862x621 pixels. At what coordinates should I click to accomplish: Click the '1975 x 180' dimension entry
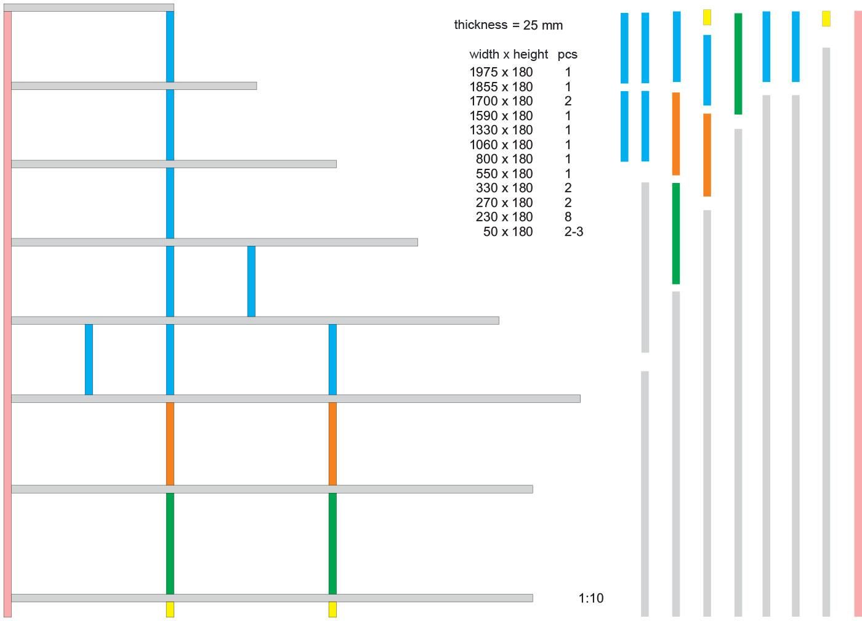click(501, 72)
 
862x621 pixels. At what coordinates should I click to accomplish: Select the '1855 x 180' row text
click(501, 87)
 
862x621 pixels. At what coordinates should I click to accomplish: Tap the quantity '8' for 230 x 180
click(568, 217)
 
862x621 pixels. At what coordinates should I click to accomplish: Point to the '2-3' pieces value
click(573, 232)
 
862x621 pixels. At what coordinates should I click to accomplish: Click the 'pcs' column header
click(567, 54)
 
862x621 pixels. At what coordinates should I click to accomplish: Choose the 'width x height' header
click(509, 54)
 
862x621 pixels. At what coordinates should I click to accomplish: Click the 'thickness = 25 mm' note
click(509, 25)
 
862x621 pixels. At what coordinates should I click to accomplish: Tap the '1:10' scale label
click(591, 598)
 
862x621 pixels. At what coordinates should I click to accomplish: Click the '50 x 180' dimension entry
click(508, 232)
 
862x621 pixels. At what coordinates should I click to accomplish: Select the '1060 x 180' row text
click(501, 145)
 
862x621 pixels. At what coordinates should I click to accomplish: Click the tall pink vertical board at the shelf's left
click(7, 314)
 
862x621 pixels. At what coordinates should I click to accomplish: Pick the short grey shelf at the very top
click(89, 8)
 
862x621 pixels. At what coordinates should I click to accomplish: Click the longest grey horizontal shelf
click(296, 399)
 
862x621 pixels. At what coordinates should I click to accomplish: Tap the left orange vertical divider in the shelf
click(170, 444)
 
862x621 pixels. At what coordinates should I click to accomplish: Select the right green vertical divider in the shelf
click(332, 543)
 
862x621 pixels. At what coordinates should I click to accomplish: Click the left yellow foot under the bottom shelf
click(170, 609)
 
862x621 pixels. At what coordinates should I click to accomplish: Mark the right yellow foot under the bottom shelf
click(332, 609)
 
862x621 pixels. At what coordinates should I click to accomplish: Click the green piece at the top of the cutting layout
click(738, 63)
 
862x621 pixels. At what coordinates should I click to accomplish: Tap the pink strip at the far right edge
click(858, 314)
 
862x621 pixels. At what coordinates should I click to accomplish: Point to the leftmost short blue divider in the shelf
click(89, 359)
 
